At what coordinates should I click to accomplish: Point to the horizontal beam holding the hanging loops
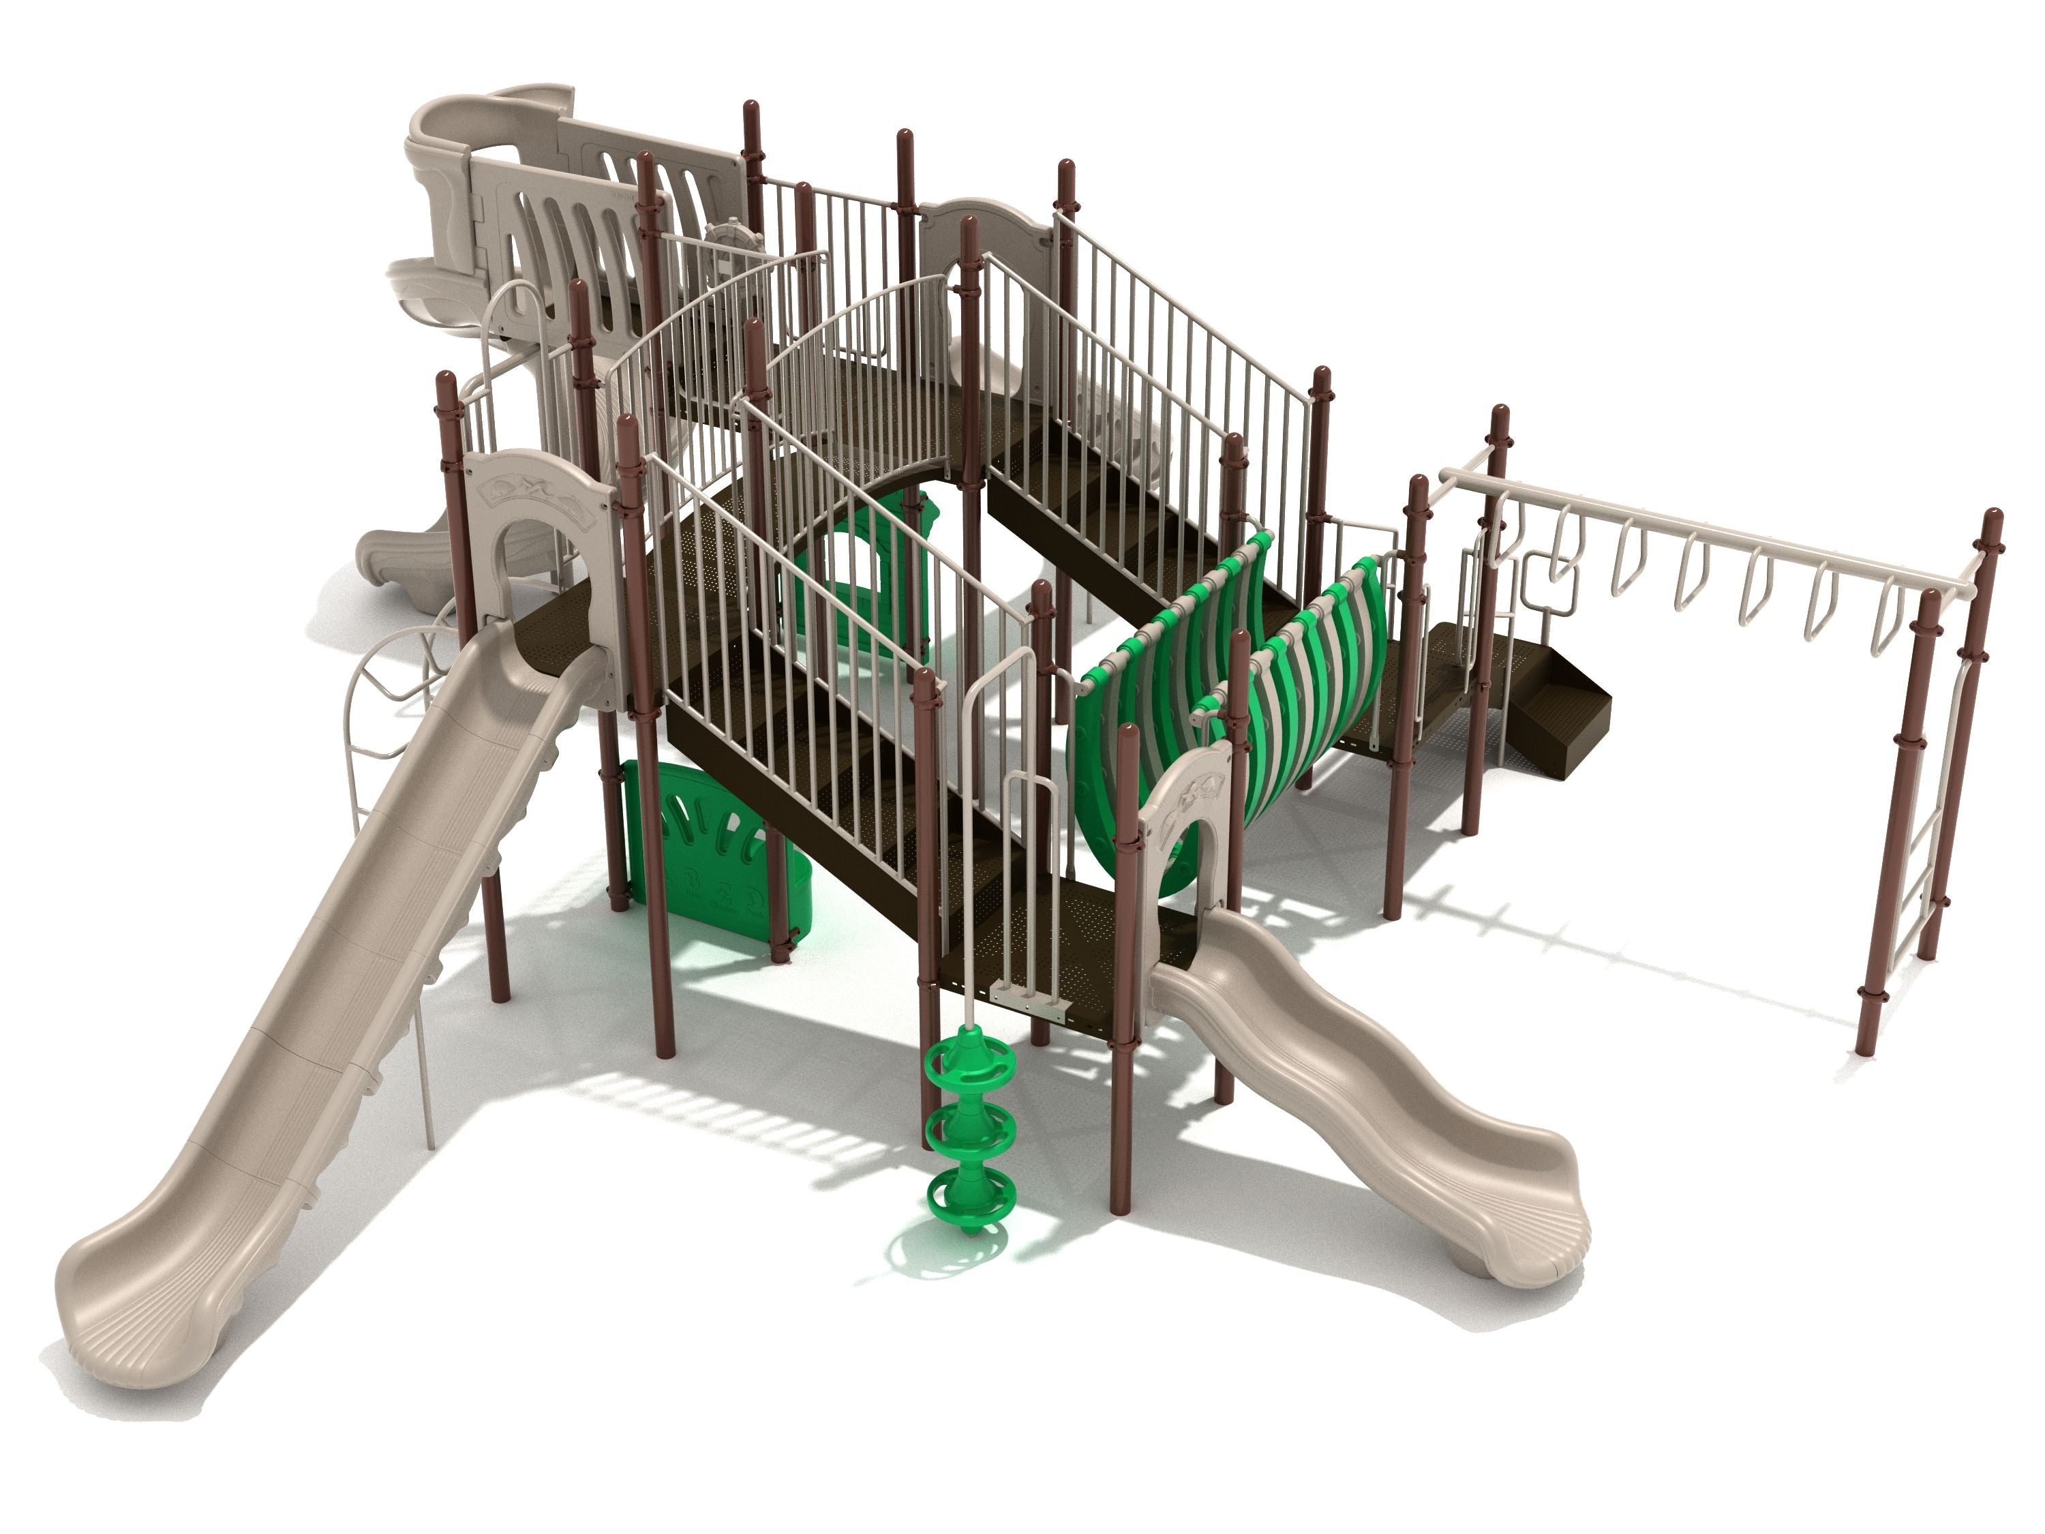[x=1710, y=532]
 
